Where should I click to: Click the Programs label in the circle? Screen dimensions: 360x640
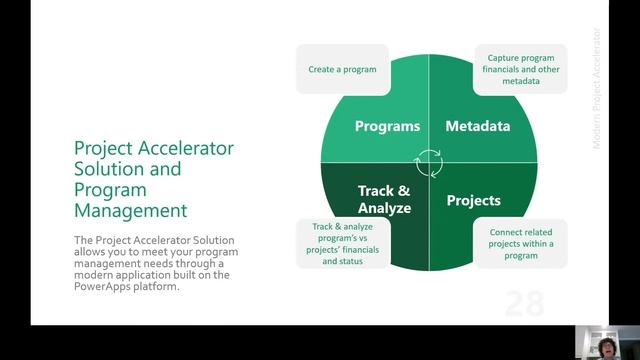[x=386, y=127]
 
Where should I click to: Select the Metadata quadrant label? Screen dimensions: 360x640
[x=477, y=127]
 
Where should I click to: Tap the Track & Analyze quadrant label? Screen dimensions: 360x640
[x=384, y=198]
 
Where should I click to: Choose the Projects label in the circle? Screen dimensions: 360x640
[x=473, y=200]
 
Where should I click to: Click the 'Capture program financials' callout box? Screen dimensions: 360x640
[x=520, y=70]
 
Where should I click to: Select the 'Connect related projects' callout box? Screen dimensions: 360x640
[x=520, y=244]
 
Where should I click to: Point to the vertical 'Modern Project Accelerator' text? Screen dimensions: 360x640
[x=596, y=90]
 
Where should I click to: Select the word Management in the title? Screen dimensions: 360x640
[x=130, y=210]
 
